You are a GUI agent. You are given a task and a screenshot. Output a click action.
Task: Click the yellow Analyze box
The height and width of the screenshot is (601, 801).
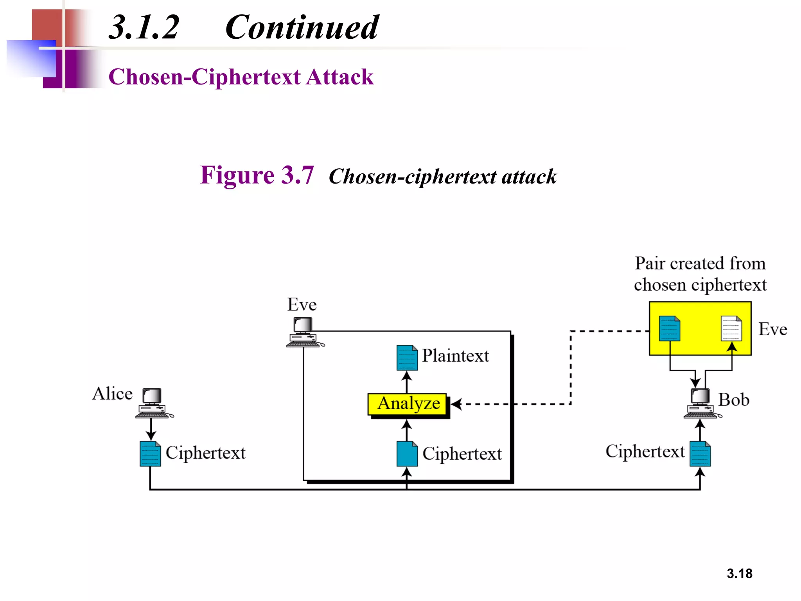coord(407,404)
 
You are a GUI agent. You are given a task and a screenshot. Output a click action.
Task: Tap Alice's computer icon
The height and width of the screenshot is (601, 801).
coord(153,403)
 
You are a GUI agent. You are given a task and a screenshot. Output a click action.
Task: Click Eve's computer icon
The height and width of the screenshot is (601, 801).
coord(304,332)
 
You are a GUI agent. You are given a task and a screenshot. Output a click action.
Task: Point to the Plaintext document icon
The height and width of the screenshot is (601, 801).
coord(407,358)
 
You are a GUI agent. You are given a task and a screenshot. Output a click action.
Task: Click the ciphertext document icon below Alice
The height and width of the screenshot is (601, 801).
coord(150,454)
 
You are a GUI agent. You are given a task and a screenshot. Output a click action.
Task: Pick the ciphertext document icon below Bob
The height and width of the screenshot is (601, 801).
coord(700,454)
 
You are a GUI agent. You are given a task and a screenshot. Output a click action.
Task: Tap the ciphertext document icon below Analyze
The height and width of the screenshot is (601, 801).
coord(407,454)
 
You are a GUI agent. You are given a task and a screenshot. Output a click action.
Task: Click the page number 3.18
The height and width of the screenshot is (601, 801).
coord(739,574)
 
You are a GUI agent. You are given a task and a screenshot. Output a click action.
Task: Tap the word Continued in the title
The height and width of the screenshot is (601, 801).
coord(302,27)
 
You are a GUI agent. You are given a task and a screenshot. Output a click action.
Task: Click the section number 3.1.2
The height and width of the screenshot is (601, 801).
coord(144,27)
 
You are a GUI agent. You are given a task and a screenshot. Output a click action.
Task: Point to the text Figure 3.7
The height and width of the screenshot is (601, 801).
coord(257,175)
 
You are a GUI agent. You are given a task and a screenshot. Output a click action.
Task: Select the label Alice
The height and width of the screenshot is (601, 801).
coord(112,394)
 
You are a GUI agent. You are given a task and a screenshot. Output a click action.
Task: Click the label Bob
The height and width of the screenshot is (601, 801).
coord(734,400)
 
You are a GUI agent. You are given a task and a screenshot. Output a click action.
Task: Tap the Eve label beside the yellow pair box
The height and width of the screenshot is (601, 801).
coord(772,329)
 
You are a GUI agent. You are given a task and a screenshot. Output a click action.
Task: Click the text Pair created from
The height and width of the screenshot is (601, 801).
coord(700,263)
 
